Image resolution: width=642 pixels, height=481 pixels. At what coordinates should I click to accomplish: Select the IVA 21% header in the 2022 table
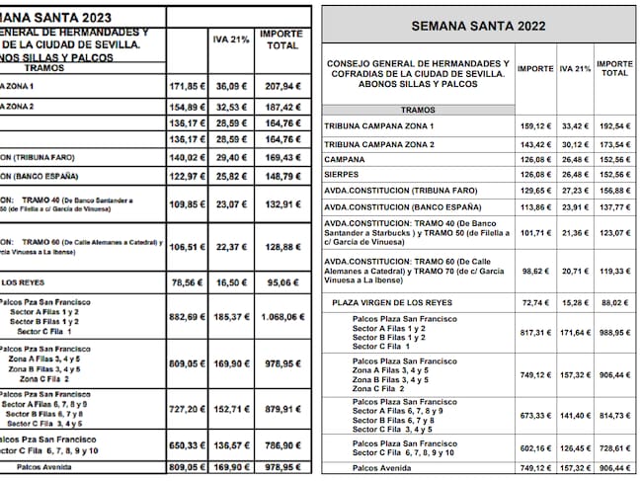point(575,68)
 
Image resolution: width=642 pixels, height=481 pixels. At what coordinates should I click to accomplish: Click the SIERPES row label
point(341,174)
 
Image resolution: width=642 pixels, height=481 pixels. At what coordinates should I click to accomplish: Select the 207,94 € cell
point(281,86)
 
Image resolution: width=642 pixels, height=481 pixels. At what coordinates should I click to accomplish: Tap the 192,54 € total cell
point(615,126)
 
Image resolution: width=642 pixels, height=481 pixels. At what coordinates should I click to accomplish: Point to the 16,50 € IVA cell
point(233,281)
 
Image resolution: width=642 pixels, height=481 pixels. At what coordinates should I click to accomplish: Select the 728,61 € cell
point(615,446)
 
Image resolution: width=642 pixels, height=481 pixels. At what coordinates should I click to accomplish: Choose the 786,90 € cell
point(281,444)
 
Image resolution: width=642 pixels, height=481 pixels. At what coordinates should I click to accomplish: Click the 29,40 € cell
point(233,156)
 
